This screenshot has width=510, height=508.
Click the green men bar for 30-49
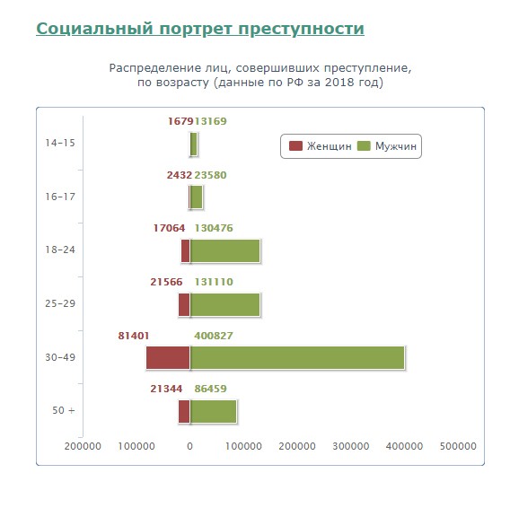[x=297, y=358]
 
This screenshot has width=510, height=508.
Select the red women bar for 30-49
[x=168, y=358]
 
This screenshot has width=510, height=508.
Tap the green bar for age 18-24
[x=225, y=250]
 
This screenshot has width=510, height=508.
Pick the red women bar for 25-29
[x=184, y=305]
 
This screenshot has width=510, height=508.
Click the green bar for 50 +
[x=214, y=411]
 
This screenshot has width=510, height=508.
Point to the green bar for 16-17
[x=197, y=197]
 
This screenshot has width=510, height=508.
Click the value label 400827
[x=214, y=336]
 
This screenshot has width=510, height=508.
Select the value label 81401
[x=134, y=336]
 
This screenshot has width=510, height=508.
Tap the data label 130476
[x=214, y=228]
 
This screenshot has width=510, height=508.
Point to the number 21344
[x=166, y=389]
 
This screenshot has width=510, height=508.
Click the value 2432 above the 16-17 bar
[x=180, y=175]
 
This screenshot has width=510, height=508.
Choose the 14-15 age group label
[x=60, y=143]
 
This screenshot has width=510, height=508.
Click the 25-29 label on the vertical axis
[x=60, y=303]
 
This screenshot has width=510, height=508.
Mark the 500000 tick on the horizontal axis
[x=458, y=446]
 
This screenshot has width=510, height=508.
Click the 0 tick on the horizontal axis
[x=190, y=446]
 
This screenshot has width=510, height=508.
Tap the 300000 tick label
[x=350, y=446]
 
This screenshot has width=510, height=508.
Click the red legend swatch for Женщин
[x=295, y=146]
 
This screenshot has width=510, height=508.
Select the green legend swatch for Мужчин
[x=364, y=146]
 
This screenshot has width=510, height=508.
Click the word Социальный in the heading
[x=94, y=29]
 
